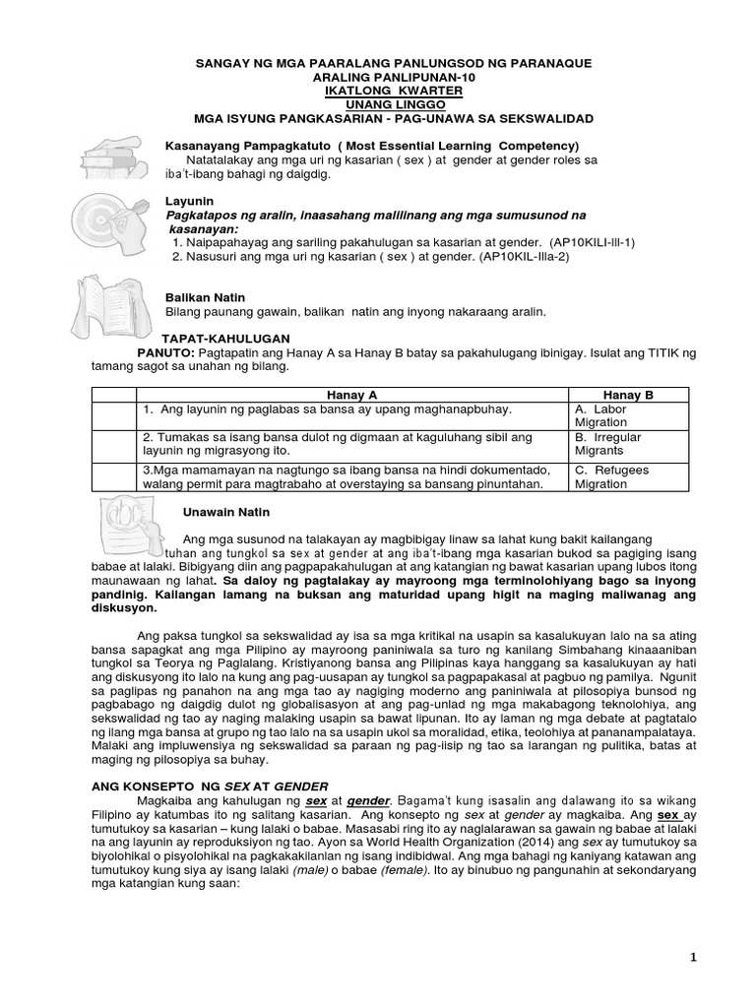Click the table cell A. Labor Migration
pos(602,414)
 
